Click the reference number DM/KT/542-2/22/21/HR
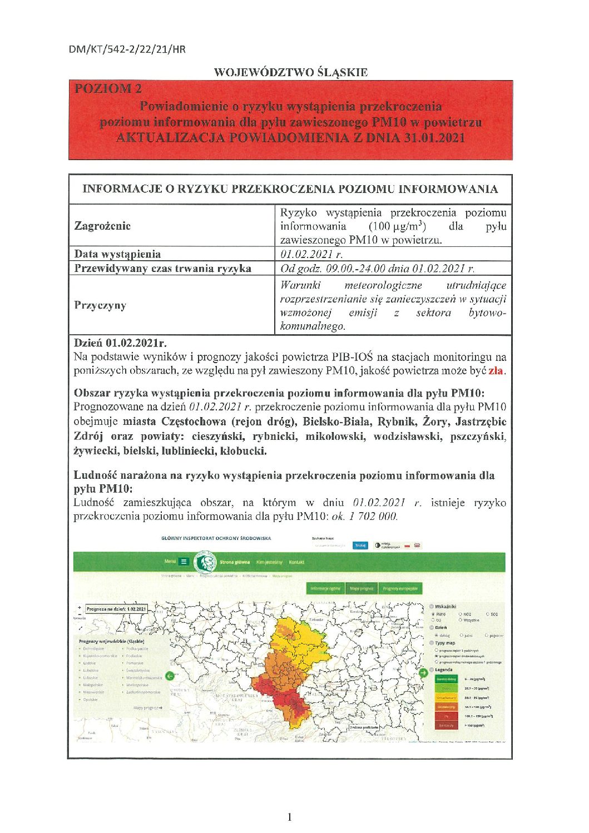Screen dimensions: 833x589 tap(127, 49)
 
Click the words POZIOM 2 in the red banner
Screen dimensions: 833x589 tap(108, 88)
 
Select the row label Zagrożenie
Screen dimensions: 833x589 tap(103, 226)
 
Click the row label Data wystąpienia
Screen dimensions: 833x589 tap(117, 254)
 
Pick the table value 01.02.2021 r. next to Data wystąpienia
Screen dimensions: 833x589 tap(311, 254)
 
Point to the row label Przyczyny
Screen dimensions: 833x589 tap(100, 305)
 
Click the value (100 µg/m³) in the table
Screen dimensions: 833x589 tap(397, 226)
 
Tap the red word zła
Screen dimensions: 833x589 tap(496, 370)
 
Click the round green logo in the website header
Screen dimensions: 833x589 tap(207, 562)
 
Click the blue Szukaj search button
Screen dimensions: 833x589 tap(360, 546)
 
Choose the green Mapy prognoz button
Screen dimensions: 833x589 tap(362, 588)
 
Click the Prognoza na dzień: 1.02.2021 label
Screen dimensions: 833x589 tap(116, 609)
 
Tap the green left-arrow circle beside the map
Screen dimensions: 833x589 tap(170, 676)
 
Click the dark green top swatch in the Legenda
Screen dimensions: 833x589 tap(446, 679)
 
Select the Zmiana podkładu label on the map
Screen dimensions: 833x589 tap(365, 727)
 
